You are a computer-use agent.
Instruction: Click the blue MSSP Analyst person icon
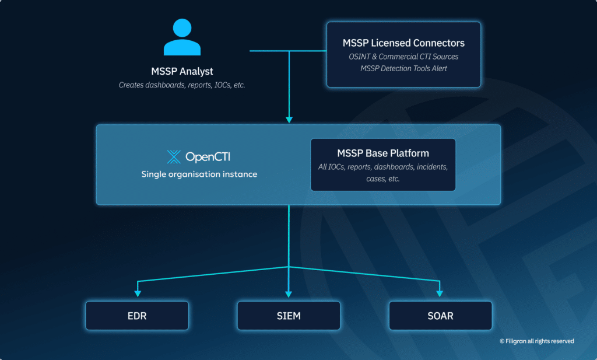pos(182,37)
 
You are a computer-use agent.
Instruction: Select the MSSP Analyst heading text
pos(182,72)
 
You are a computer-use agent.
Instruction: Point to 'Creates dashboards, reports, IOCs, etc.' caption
pos(182,85)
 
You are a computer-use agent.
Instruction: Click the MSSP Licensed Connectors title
pos(403,43)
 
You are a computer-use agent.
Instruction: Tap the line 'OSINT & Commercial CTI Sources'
pos(403,57)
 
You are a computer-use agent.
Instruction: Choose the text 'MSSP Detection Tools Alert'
pos(403,68)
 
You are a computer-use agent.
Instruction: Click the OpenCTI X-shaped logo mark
pos(174,156)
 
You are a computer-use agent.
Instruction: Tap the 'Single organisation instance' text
pos(199,174)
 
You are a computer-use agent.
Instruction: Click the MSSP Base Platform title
pos(383,153)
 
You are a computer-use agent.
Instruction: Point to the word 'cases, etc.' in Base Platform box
pos(383,179)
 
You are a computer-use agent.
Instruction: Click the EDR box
pos(137,316)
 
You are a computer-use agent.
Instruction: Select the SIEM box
pos(289,316)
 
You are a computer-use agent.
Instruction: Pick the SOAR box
pos(440,316)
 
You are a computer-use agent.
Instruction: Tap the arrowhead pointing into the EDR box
pos(137,293)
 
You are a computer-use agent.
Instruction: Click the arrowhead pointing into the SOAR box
pos(440,293)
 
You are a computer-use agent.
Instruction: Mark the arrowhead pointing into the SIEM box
pos(289,293)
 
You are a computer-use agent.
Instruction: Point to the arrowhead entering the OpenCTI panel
pos(289,120)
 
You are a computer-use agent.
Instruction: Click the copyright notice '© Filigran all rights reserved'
pos(536,341)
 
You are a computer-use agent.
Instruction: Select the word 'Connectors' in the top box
pos(438,43)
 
